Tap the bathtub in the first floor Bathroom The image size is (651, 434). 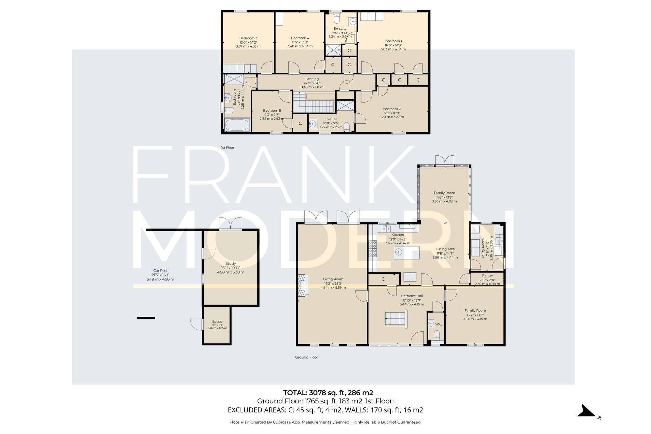click(237, 125)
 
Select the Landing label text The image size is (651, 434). click(312, 79)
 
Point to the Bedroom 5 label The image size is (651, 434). click(272, 111)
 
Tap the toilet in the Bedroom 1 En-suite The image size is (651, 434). click(337, 20)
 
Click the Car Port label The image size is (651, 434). click(160, 271)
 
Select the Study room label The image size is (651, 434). click(230, 264)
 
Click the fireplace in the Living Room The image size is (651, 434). click(303, 285)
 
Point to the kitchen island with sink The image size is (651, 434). click(407, 253)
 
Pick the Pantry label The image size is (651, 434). click(487, 275)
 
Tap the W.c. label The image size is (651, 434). click(438, 324)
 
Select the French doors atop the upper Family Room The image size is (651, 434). click(444, 160)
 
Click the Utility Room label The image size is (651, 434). click(483, 248)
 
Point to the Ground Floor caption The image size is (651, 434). click(306, 357)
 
